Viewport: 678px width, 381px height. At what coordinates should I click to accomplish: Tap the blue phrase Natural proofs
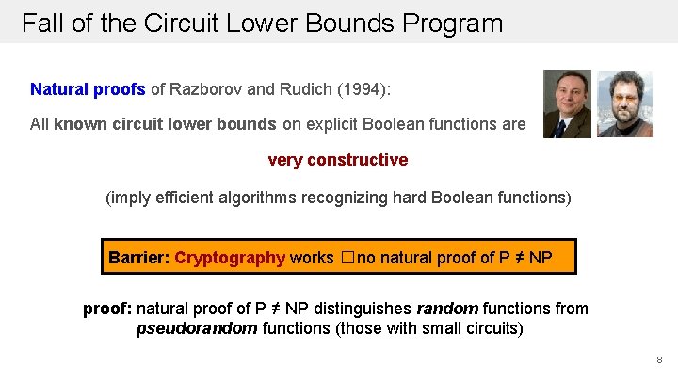[88, 89]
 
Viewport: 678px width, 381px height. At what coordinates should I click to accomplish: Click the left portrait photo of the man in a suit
[568, 103]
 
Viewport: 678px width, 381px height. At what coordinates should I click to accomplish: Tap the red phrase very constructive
[338, 160]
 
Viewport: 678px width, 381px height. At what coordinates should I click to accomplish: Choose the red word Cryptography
[230, 257]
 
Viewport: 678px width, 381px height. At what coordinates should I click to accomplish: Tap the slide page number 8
[659, 360]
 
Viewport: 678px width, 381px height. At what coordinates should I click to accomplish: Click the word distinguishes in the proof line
[365, 309]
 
